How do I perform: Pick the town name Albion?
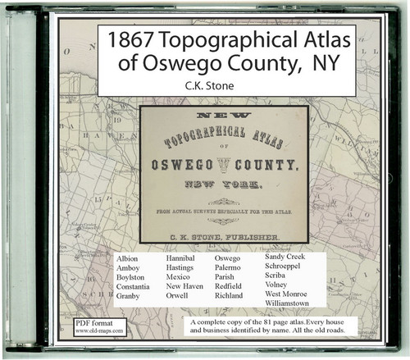point(130,258)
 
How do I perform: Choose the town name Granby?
point(132,296)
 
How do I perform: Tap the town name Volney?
point(280,285)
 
